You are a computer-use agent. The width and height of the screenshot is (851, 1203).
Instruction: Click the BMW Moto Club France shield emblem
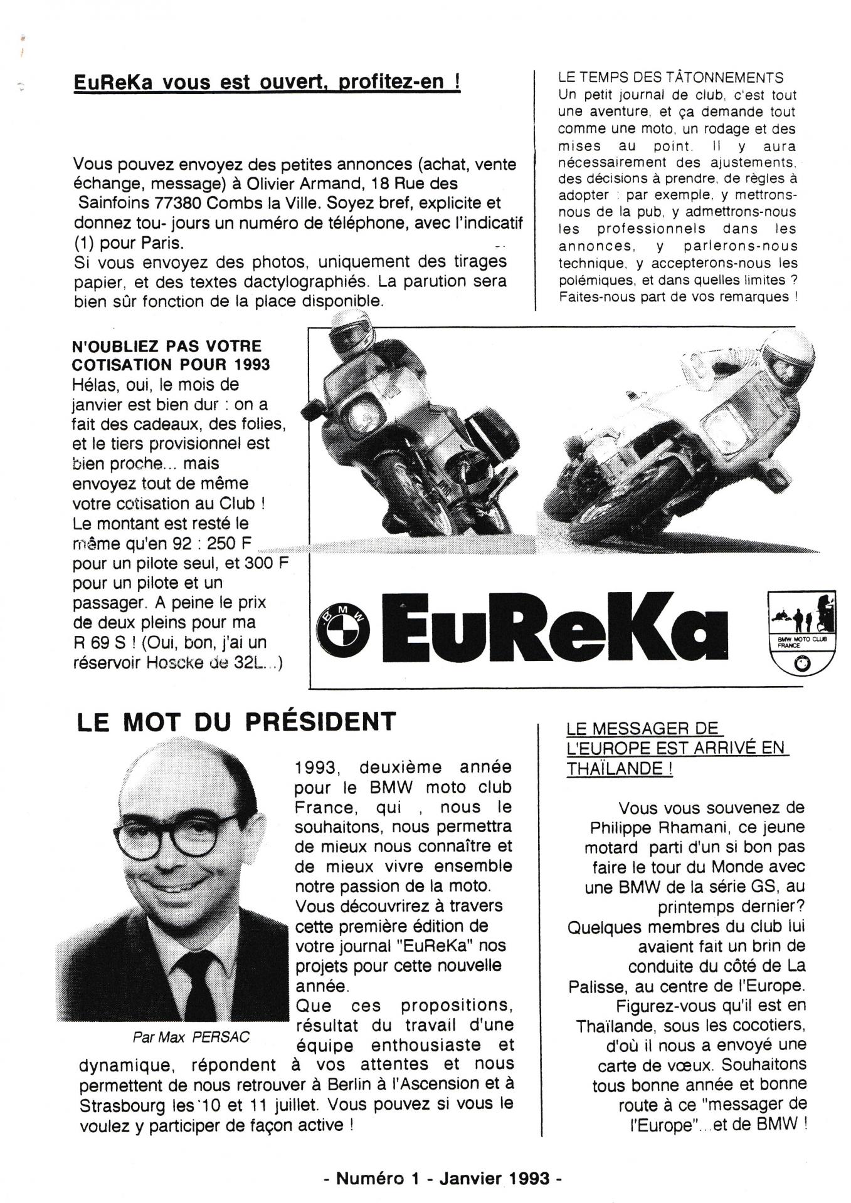[x=801, y=633]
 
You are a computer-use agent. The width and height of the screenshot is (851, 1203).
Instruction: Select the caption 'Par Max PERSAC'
[x=191, y=1037]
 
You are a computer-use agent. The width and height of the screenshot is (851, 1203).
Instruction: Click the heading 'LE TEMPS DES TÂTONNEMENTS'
[x=670, y=78]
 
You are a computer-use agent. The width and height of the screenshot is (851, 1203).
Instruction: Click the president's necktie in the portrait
[x=199, y=984]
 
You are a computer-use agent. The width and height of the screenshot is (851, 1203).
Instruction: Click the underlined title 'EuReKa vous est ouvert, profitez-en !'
[x=267, y=82]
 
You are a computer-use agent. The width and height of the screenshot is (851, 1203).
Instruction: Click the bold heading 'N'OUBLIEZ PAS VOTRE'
[x=167, y=345]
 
